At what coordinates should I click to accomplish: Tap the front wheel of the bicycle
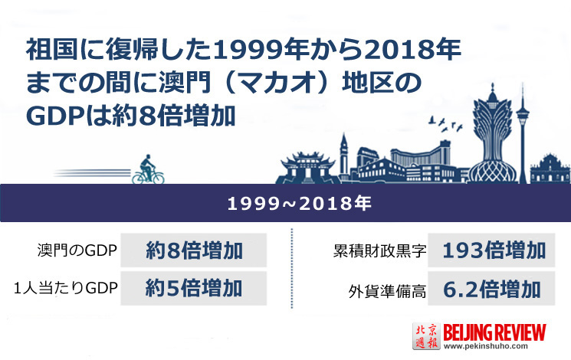click(158, 178)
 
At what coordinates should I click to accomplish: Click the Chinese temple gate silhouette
click(308, 168)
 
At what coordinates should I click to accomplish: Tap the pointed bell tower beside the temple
click(343, 155)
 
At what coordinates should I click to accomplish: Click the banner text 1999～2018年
click(300, 203)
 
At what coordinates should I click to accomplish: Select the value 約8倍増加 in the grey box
click(194, 250)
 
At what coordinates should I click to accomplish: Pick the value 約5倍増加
click(194, 288)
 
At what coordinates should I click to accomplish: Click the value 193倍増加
click(494, 250)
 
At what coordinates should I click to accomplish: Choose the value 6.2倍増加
click(492, 290)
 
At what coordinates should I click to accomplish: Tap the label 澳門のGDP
click(77, 250)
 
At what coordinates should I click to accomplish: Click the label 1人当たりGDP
click(66, 288)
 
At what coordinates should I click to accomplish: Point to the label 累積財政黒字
click(379, 251)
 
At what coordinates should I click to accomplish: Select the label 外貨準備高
click(387, 291)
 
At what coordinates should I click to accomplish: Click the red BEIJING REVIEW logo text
click(494, 332)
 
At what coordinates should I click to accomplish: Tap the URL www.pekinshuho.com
click(486, 346)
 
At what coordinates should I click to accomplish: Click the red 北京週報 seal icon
click(426, 336)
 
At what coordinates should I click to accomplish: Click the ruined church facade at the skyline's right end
click(550, 169)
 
